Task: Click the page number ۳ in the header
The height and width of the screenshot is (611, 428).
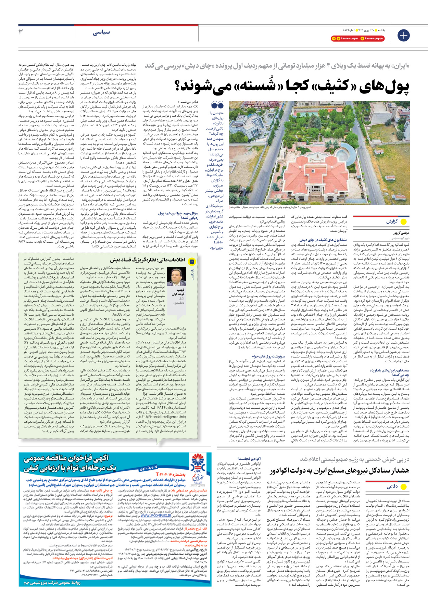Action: pyautogui.click(x=21, y=31)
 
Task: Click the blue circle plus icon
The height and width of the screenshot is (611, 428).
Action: pyautogui.click(x=403, y=35)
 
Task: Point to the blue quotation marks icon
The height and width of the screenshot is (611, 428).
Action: pyautogui.click(x=217, y=105)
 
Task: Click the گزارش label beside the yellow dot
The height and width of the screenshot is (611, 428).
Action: pyautogui.click(x=392, y=221)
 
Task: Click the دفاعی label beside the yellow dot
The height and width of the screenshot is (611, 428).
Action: pyautogui.click(x=392, y=486)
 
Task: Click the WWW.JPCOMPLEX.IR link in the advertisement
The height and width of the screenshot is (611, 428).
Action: pyautogui.click(x=156, y=515)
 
